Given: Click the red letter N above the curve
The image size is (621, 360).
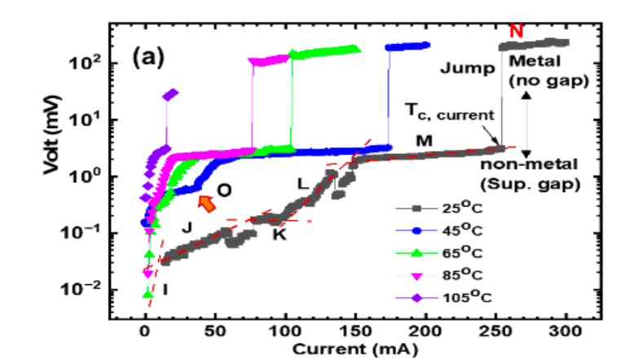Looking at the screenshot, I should (515, 31).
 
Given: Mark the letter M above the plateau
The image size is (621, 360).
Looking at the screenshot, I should (423, 140).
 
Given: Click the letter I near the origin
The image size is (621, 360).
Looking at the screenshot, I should (165, 289).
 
